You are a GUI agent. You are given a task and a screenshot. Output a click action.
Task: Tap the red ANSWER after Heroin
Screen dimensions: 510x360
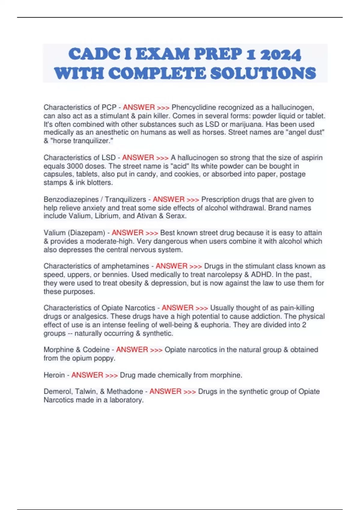(87, 375)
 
